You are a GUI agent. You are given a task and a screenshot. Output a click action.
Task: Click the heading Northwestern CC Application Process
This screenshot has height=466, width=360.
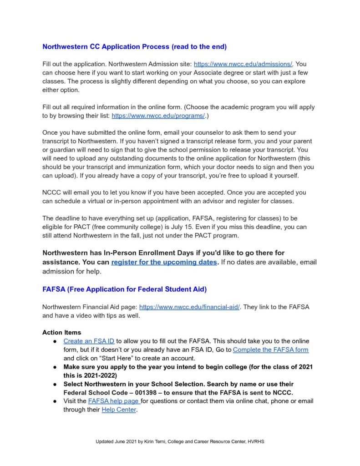[x=134, y=46]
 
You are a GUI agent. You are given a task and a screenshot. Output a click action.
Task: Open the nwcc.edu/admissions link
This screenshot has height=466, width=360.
[x=243, y=64]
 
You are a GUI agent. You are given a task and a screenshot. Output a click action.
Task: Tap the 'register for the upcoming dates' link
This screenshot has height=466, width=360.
[x=164, y=262]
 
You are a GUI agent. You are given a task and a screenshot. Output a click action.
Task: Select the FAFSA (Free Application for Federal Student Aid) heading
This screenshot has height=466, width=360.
[x=125, y=289]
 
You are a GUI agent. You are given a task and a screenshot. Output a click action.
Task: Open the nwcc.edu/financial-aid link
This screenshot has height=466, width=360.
[x=189, y=307]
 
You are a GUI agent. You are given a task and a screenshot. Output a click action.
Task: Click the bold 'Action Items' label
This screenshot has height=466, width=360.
[x=61, y=332]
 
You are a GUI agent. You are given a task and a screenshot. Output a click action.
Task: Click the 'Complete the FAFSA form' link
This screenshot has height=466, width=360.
[x=270, y=349]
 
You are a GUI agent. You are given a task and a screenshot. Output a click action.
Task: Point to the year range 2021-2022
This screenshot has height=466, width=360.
[x=94, y=375]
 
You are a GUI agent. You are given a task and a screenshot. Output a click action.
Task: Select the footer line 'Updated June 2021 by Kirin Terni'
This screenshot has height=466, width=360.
[x=180, y=442]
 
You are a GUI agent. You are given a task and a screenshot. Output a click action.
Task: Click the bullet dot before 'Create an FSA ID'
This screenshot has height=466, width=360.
[x=54, y=341]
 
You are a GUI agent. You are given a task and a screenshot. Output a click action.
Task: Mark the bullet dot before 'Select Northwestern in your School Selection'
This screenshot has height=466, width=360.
[x=54, y=385]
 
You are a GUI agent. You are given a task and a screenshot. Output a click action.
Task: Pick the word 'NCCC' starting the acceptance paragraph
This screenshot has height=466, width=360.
[x=51, y=192]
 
